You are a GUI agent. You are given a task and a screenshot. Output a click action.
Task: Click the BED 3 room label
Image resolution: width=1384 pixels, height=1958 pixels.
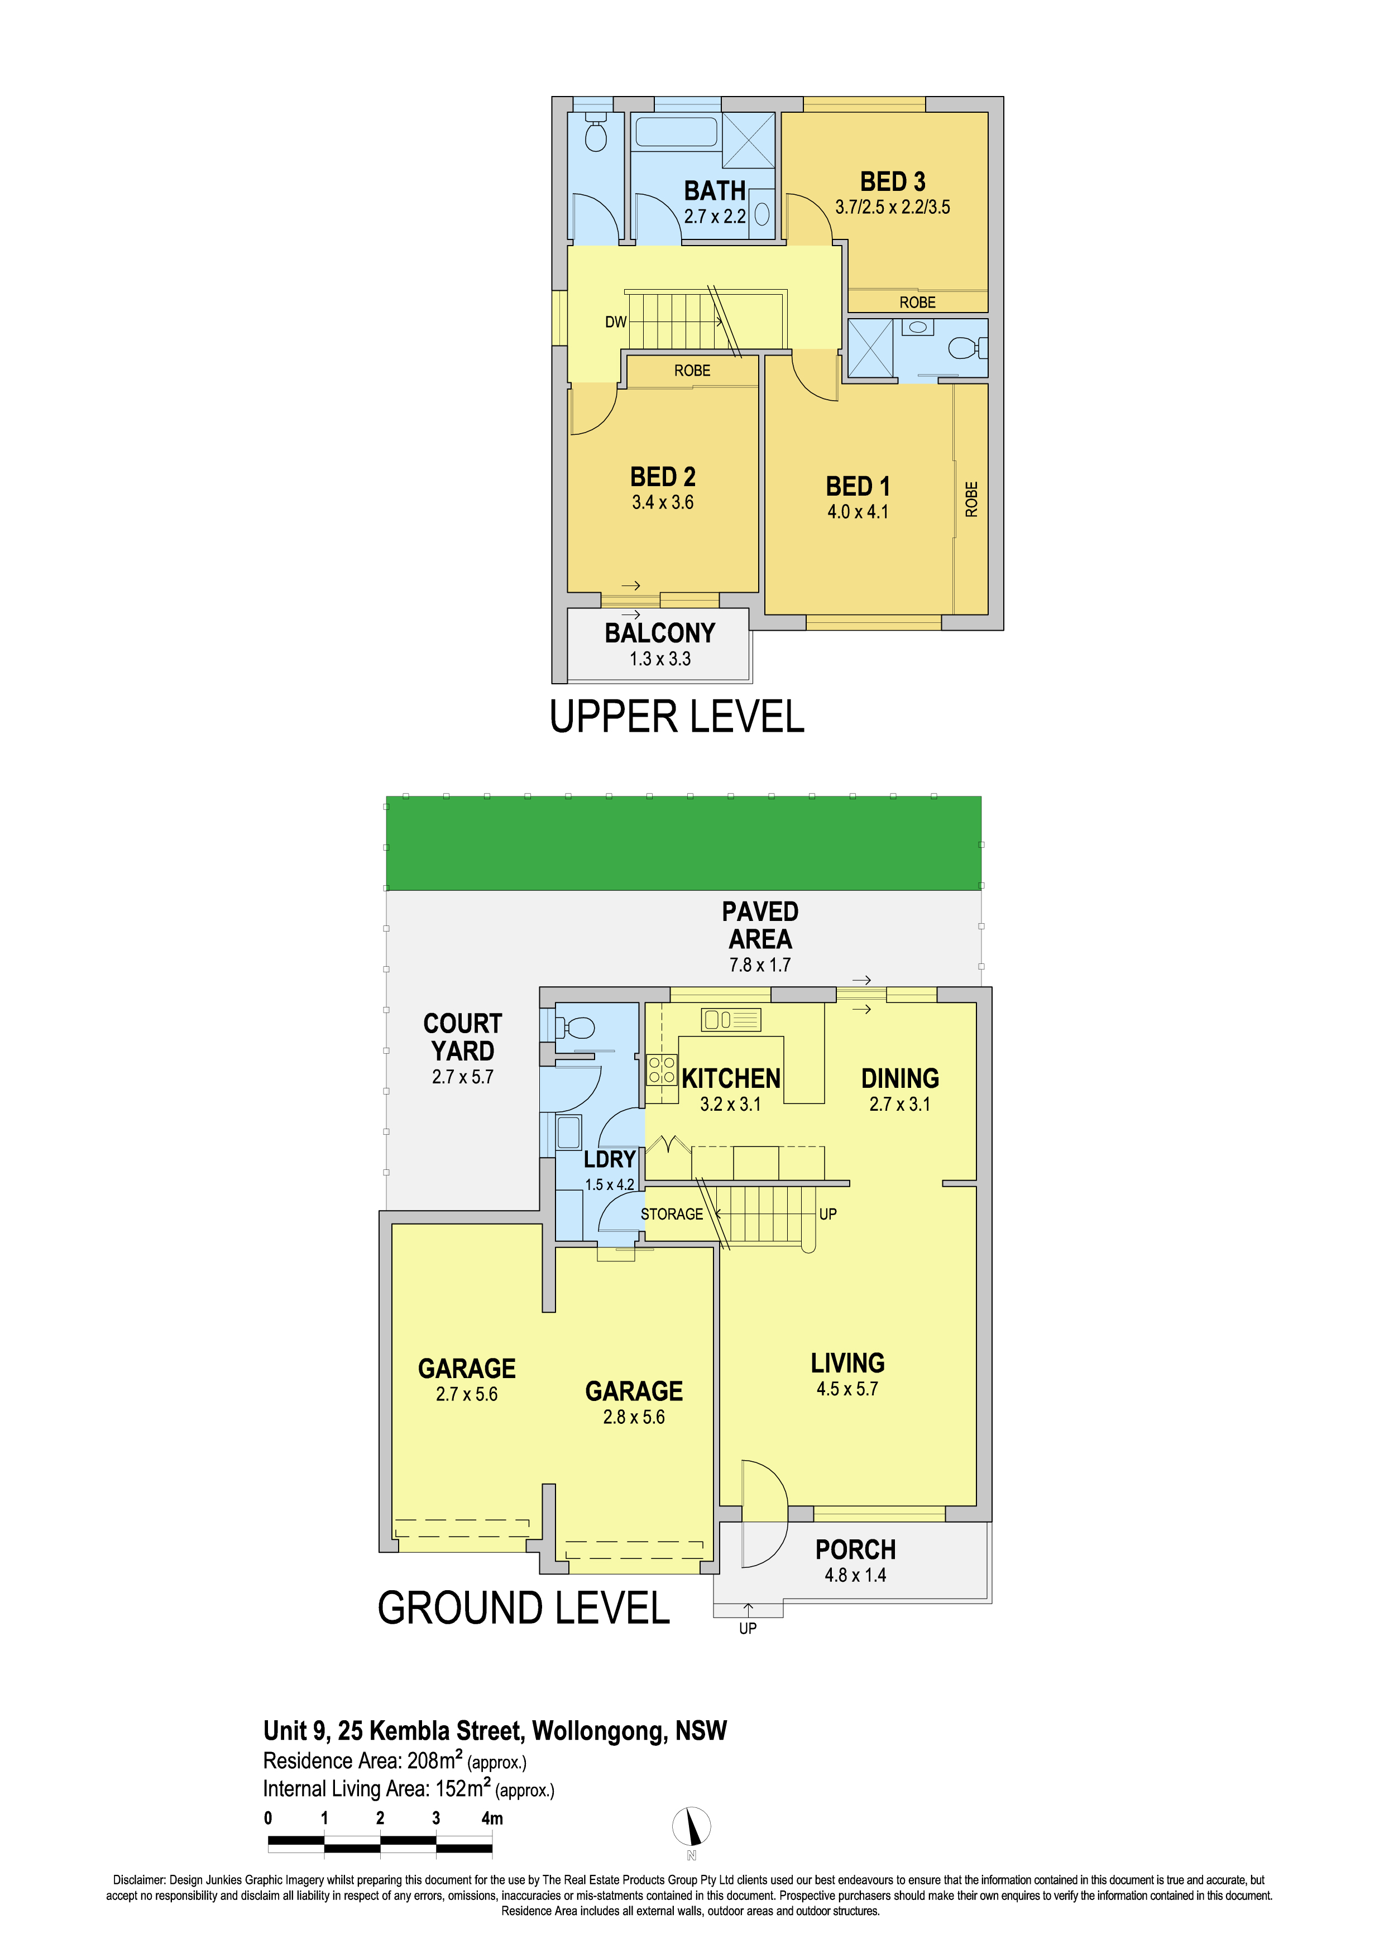pos(892,181)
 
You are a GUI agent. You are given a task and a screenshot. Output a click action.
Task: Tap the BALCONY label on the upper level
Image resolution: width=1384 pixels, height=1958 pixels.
pos(660,633)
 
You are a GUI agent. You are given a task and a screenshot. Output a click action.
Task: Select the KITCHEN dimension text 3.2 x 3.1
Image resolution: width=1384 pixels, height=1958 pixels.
pos(731,1105)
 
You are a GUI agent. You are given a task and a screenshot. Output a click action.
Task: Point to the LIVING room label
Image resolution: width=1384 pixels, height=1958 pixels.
pos(847,1363)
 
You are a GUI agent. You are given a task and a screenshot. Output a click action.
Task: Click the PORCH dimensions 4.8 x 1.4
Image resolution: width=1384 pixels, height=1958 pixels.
pos(855,1575)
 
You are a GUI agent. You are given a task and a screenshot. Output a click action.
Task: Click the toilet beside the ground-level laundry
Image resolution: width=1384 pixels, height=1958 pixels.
pos(574,1028)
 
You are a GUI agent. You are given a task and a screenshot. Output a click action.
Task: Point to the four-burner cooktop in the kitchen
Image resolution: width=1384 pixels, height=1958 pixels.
pos(662,1070)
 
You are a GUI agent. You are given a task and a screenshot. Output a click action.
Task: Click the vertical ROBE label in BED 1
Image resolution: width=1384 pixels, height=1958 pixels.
pos(971,499)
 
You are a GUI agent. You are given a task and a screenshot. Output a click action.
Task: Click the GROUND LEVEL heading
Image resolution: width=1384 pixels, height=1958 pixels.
pos(524,1607)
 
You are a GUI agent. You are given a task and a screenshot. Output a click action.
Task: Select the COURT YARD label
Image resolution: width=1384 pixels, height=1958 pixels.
pos(463,1037)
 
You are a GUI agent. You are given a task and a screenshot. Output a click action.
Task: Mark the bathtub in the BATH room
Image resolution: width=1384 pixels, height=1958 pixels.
pos(676,131)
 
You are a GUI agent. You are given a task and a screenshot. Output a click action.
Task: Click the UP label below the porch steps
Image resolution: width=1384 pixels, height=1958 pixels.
pos(748,1628)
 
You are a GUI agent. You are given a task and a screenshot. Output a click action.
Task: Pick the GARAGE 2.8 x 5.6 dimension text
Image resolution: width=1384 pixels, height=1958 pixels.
pos(634,1417)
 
